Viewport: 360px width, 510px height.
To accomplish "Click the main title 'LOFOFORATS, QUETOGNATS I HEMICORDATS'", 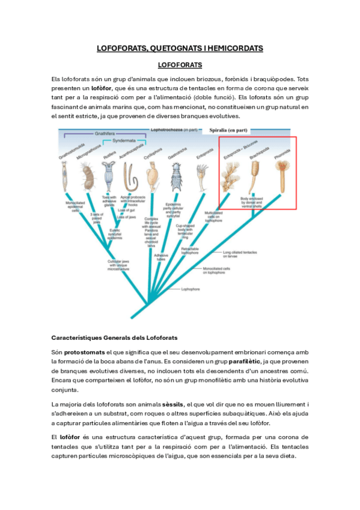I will tap(180, 48).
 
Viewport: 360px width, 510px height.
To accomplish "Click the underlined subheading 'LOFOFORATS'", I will tap(179, 64).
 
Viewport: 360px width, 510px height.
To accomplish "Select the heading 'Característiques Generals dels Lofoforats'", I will tap(114, 337).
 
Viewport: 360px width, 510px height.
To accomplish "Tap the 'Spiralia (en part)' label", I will tap(229, 129).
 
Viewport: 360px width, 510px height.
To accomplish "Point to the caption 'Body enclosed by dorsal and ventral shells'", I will tap(252, 204).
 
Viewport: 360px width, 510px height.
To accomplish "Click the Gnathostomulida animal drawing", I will tap(64, 177).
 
